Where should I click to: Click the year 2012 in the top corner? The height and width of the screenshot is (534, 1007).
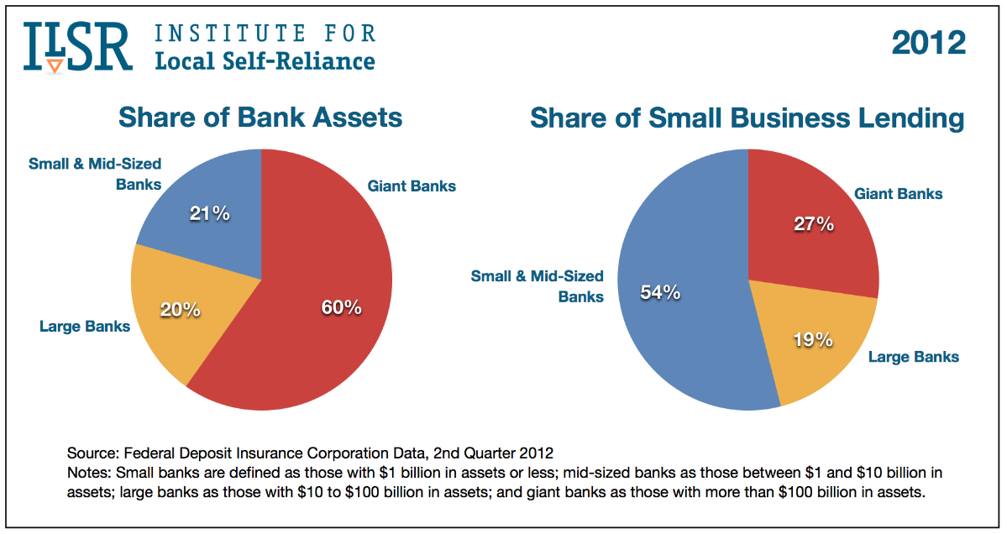(x=928, y=43)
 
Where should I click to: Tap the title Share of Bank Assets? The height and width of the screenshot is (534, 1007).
(x=260, y=117)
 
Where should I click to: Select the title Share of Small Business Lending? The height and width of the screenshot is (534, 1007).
(x=747, y=118)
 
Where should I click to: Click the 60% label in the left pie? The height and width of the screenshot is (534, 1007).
(x=341, y=307)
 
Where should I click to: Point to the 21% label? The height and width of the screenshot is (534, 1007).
(x=209, y=214)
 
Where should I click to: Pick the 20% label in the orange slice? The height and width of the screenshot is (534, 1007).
(x=180, y=310)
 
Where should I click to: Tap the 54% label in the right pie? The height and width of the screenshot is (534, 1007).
(x=659, y=293)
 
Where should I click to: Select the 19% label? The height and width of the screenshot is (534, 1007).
(x=812, y=339)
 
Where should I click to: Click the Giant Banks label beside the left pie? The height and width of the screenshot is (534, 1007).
(x=412, y=186)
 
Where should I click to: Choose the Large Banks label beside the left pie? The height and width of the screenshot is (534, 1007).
(x=85, y=326)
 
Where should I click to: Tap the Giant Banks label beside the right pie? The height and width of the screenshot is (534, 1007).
(x=899, y=194)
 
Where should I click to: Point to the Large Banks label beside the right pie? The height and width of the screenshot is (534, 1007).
(x=913, y=357)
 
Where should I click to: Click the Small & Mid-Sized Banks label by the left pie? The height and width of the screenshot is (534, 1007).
(x=95, y=173)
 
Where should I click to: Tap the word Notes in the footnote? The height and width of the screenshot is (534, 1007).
(x=87, y=473)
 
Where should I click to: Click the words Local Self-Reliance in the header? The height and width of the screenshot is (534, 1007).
(x=265, y=60)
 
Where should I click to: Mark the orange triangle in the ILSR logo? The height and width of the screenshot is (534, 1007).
(x=55, y=65)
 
